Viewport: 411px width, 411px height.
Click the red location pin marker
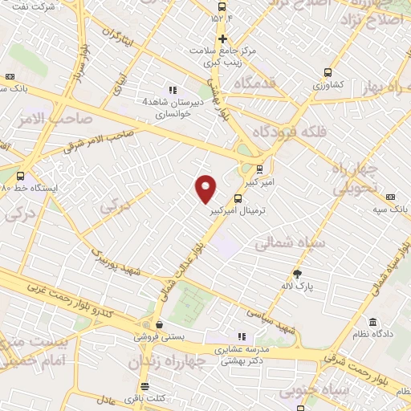206,189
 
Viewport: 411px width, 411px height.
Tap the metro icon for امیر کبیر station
259,169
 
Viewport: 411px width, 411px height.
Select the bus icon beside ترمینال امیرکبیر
238,198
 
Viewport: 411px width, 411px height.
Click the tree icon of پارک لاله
297,273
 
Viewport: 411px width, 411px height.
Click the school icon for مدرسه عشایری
240,337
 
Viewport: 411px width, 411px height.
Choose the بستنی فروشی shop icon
159,326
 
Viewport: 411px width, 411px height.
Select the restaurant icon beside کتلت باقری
135,398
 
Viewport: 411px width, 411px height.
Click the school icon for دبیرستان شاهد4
171,90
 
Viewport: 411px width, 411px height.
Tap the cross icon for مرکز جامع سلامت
222,38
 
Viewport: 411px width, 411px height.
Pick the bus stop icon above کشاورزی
328,71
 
